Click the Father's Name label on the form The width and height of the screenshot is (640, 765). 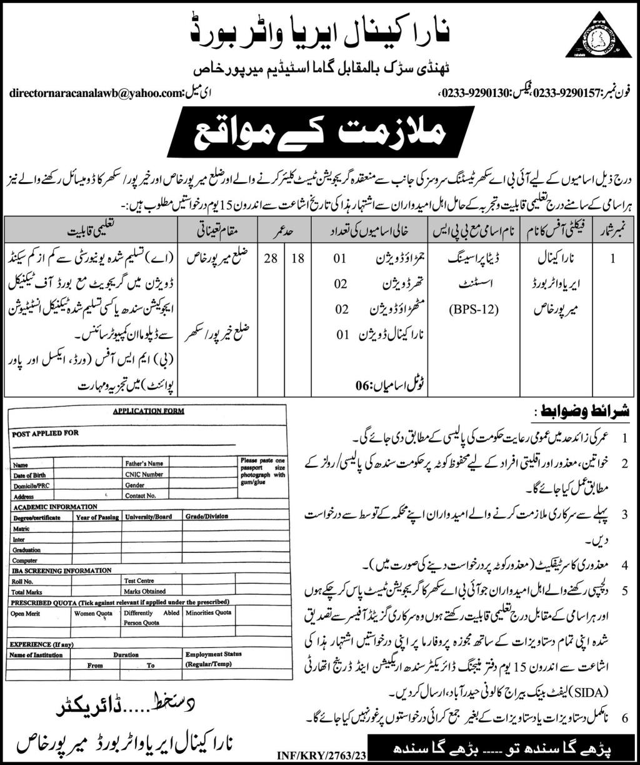[x=144, y=464]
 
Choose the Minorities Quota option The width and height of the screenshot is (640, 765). [x=208, y=613]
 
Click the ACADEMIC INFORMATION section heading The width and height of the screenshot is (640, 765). [x=54, y=506]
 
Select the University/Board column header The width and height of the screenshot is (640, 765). [x=148, y=517]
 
